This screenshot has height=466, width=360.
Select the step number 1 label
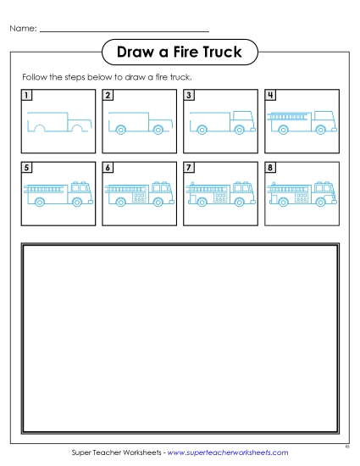(x=27, y=96)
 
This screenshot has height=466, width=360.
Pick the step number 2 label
(x=108, y=96)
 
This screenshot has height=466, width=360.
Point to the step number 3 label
(x=189, y=96)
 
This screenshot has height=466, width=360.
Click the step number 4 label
(x=270, y=96)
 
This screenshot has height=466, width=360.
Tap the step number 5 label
(x=27, y=168)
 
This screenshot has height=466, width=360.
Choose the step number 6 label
(x=108, y=168)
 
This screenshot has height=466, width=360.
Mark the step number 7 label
(x=189, y=168)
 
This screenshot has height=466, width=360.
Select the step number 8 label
(x=270, y=168)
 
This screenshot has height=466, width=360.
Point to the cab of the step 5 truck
(x=80, y=191)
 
